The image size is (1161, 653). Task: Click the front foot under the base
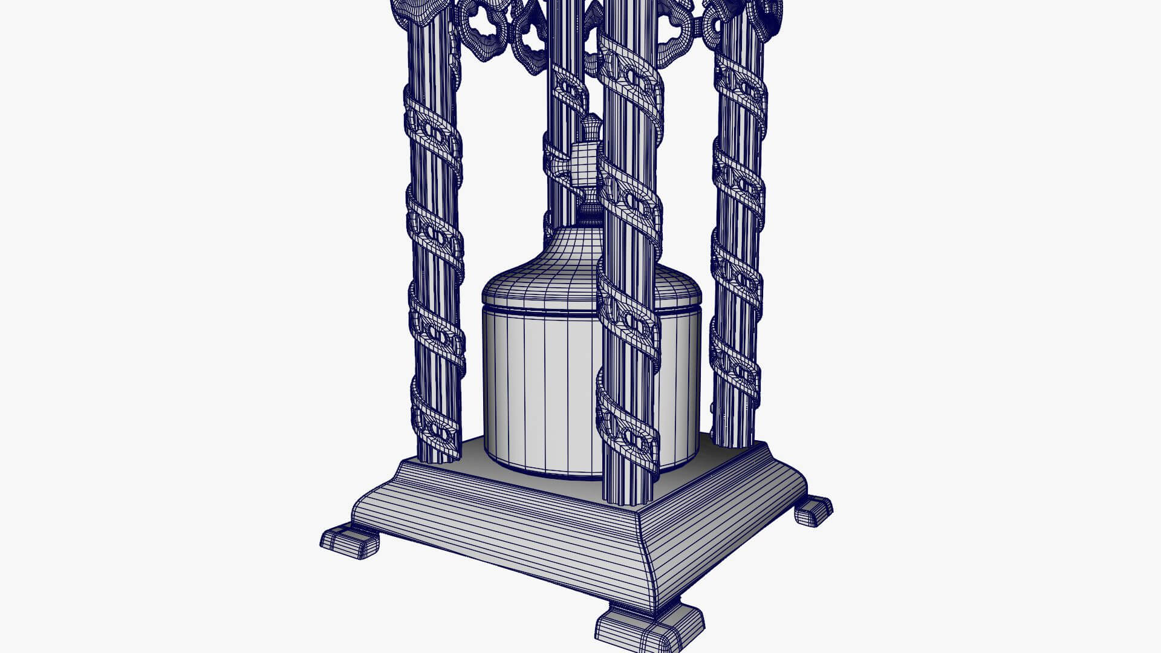click(649, 629)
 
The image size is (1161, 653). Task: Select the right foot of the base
click(814, 511)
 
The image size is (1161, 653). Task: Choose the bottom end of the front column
click(629, 493)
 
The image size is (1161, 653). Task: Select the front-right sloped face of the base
click(726, 532)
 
